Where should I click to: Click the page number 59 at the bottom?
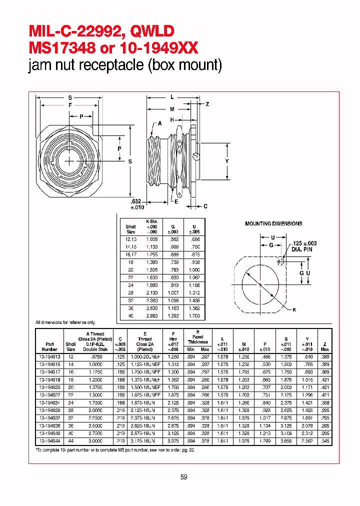tap(183, 477)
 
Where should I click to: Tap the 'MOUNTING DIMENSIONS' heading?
tap(273, 223)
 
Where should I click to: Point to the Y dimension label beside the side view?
tap(226, 161)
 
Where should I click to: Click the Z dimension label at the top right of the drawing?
tap(207, 103)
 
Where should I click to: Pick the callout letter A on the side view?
tap(160, 123)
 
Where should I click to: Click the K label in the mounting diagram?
tap(294, 310)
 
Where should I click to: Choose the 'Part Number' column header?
tap(49, 346)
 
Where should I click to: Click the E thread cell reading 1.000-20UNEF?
tap(144, 357)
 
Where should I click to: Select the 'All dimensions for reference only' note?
tap(65, 323)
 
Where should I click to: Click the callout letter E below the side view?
tap(176, 201)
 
